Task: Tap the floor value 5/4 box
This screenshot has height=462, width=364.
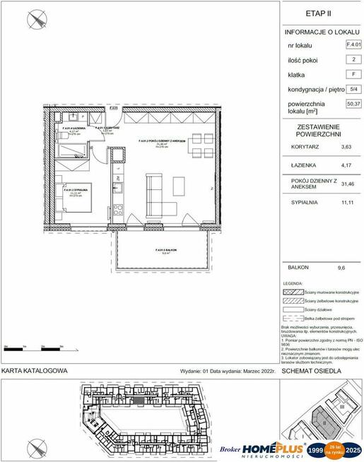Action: point(352,89)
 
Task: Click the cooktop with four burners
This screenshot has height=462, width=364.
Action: point(118,210)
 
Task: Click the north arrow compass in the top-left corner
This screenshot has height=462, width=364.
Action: point(33,20)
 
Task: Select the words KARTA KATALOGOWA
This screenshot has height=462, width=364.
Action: point(35,370)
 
